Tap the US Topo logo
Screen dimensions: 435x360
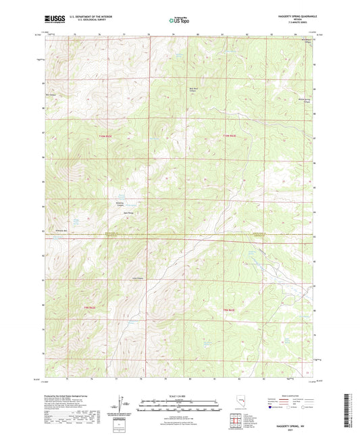[x=179, y=21]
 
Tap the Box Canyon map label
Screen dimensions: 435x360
[x=49, y=95]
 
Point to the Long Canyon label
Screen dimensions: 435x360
[x=138, y=278]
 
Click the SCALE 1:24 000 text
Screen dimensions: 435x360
[x=180, y=396]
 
